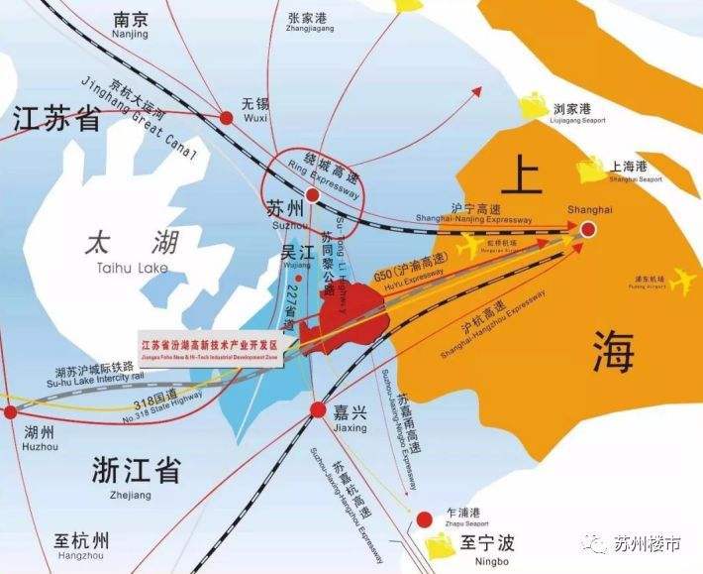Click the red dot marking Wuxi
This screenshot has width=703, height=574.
tap(226, 118)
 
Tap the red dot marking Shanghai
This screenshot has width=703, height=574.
tap(588, 229)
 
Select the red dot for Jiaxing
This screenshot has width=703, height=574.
tap(318, 409)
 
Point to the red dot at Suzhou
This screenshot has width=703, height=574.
tap(312, 195)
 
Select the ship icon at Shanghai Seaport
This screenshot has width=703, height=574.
tap(592, 171)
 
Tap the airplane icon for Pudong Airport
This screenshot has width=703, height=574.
tap(682, 283)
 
